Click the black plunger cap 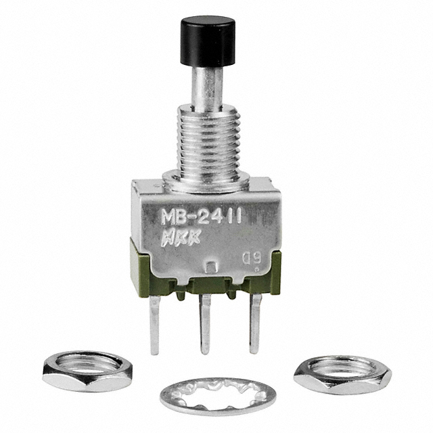[x=208, y=41]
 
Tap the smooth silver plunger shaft [x=208, y=86]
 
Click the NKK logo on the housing [x=181, y=237]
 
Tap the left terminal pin [x=154, y=325]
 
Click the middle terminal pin [x=205, y=324]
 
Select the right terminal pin [x=254, y=323]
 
